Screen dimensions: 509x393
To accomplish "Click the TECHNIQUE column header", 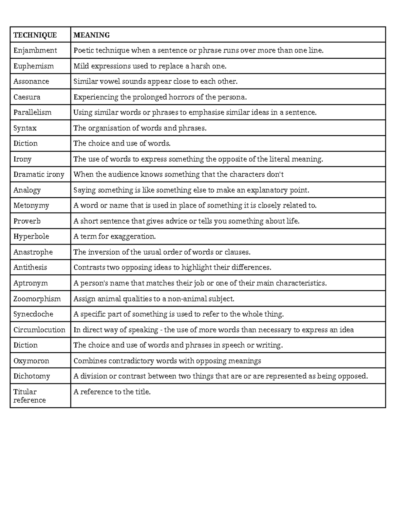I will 35,35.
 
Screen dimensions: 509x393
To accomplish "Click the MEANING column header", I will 91,35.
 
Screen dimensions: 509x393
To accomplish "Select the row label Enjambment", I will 35,50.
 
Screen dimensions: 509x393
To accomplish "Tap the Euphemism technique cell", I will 33,66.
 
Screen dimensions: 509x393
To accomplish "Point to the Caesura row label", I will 27,97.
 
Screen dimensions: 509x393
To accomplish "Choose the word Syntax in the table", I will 25,128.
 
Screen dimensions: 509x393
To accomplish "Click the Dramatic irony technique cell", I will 39,174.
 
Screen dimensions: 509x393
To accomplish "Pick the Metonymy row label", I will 31,206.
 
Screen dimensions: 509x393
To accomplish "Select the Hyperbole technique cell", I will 31,236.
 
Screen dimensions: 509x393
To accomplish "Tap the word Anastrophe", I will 33,252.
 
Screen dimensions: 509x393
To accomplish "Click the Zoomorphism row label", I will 37,299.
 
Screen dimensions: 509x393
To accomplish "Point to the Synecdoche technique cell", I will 33,314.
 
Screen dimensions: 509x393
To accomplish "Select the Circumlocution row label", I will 39,330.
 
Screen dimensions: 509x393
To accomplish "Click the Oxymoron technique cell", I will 31,361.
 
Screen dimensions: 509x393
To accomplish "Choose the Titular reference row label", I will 29,396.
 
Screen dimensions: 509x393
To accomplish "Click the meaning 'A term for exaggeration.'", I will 115,236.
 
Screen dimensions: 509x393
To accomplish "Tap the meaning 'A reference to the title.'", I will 112,392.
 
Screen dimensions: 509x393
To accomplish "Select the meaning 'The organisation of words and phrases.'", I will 140,128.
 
